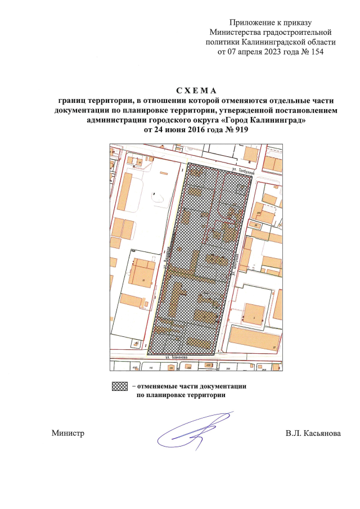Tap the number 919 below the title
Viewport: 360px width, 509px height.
(x=238, y=130)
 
